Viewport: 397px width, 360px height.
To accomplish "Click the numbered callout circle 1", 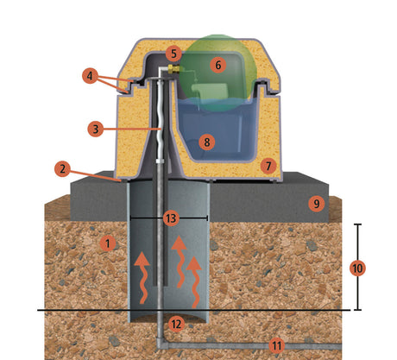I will [x=107, y=243].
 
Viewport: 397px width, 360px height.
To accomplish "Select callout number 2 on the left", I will [x=61, y=167].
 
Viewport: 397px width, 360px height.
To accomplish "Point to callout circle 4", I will [x=91, y=76].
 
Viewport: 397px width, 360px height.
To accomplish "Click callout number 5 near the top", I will [x=173, y=54].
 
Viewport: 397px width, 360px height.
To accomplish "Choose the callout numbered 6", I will [x=217, y=65].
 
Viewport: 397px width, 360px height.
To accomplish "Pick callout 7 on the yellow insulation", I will [x=268, y=164].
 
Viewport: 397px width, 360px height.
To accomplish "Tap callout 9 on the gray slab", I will [x=316, y=204].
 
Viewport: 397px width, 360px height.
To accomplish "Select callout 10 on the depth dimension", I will [x=356, y=268].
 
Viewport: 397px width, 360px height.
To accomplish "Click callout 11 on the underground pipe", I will [x=276, y=345].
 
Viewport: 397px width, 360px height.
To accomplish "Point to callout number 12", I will [x=175, y=324].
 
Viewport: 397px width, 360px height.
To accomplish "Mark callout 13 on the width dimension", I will [x=170, y=218].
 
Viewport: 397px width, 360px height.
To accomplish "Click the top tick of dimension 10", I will [x=356, y=225].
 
